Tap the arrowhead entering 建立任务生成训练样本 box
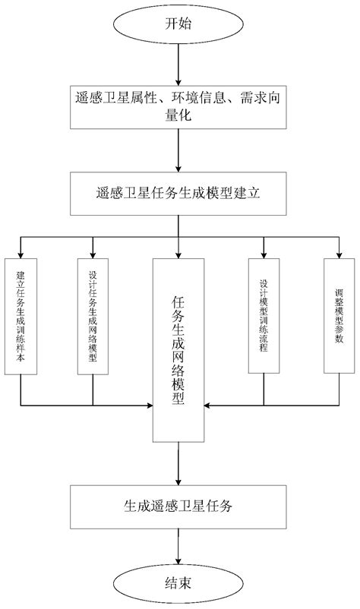pyautogui.click(x=21, y=254)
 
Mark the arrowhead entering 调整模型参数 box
pyautogui.click(x=339, y=254)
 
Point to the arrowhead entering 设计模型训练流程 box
pyautogui.click(x=264, y=254)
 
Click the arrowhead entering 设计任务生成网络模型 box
pyautogui.click(x=93, y=254)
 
